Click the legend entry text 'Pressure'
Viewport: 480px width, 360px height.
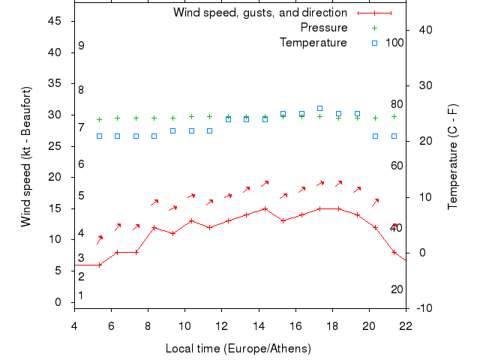pos(324,28)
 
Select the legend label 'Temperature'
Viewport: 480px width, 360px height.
pos(313,42)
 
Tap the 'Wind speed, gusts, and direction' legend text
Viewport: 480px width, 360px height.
pos(260,13)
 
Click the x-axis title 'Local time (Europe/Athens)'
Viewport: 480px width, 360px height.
pos(238,349)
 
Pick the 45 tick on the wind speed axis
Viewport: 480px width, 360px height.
pos(54,21)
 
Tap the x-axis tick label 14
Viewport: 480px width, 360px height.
pos(258,325)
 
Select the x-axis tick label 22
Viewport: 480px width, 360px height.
pos(406,325)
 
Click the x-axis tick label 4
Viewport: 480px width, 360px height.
pos(74,325)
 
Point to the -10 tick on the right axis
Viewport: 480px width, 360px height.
pos(421,308)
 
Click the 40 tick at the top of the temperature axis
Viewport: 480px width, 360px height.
pos(424,30)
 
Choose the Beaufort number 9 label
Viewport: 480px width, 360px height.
pos(81,46)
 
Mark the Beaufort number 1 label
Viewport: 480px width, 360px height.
pos(81,295)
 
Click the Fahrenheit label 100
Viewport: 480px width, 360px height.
pos(394,42)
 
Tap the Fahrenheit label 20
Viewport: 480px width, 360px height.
pos(397,289)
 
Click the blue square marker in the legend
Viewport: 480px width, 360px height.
pos(375,42)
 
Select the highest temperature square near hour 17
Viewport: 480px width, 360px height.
pos(320,109)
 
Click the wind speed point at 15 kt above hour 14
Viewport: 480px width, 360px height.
pos(265,209)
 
